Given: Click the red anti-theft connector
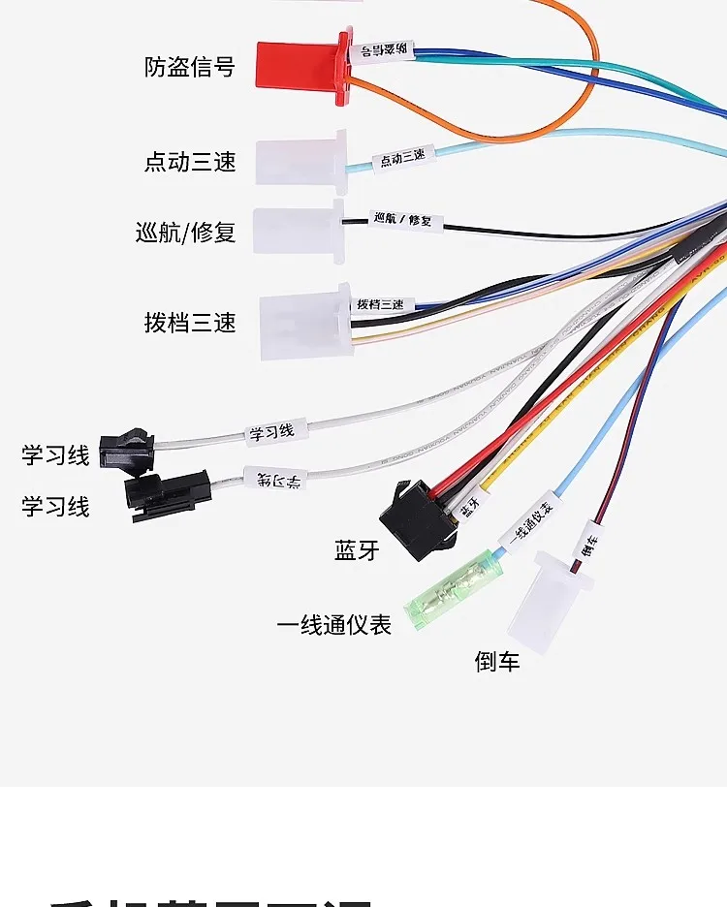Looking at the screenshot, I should [x=300, y=66].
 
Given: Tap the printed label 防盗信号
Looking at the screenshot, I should [x=189, y=67].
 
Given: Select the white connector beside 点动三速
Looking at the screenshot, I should [x=301, y=158].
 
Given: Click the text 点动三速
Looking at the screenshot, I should [x=190, y=161].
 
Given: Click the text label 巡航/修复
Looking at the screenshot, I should [x=186, y=233].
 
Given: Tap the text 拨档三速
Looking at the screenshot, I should [x=190, y=322].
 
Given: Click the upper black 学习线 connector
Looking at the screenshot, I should [x=127, y=451].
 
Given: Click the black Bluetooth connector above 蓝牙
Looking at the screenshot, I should [x=415, y=521].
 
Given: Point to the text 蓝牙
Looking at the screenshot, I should [x=356, y=550].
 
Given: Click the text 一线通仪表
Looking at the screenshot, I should [x=334, y=625].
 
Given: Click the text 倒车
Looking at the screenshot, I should [x=497, y=662].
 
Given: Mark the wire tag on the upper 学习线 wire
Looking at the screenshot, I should [x=272, y=430].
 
